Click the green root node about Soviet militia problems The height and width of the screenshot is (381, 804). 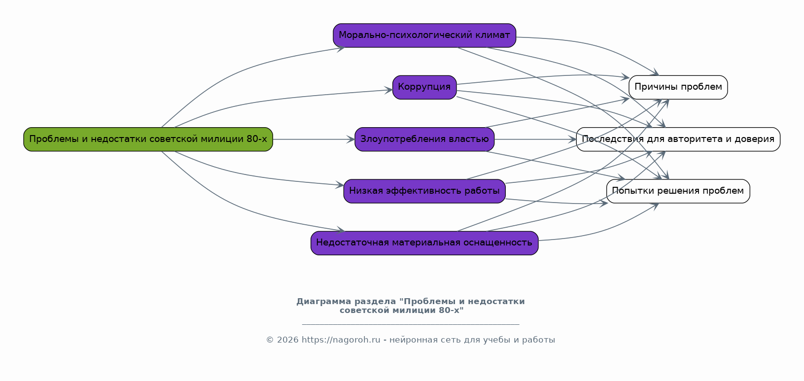[x=148, y=139]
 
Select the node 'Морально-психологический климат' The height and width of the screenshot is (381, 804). [x=424, y=35]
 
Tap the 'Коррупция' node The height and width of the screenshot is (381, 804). [x=424, y=87]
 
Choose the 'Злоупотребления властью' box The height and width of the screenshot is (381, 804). [x=424, y=139]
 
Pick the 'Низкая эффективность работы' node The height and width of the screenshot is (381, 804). [x=424, y=191]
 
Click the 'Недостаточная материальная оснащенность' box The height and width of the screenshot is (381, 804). [x=424, y=243]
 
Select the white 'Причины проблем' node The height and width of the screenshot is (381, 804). [x=678, y=87]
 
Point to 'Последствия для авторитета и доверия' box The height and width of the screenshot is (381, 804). [x=678, y=139]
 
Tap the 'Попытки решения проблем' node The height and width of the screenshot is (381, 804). [x=678, y=191]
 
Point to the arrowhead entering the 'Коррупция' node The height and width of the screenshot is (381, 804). [x=388, y=90]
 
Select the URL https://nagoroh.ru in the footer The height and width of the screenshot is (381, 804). [x=341, y=340]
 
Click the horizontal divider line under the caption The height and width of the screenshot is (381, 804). [x=410, y=324]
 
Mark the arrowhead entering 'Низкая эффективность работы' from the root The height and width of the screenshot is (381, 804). [x=340, y=185]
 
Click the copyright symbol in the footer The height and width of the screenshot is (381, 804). [x=270, y=340]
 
